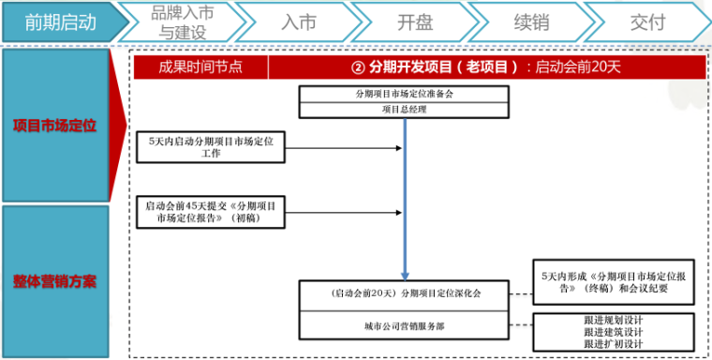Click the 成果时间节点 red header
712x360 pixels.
click(200, 67)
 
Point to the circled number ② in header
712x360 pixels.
click(357, 67)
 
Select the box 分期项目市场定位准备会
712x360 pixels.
click(404, 94)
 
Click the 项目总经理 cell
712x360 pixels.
click(404, 109)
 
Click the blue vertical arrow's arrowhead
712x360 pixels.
click(405, 275)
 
